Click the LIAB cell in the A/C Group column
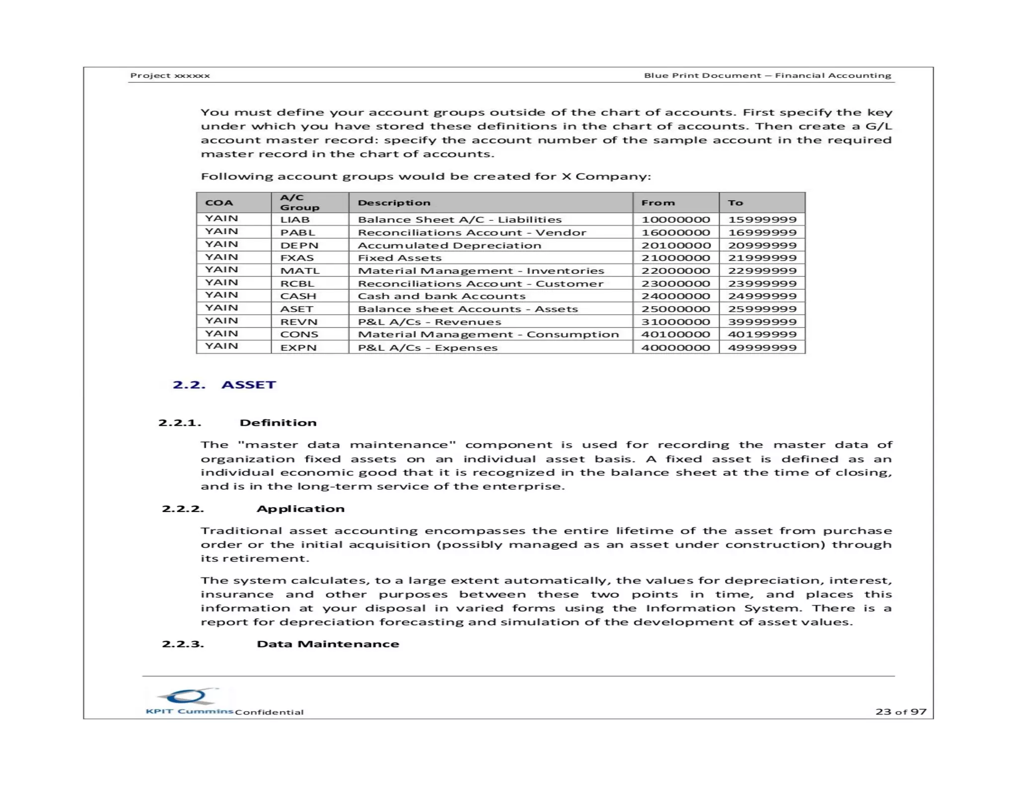[295, 219]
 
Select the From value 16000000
[675, 232]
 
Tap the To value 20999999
[762, 245]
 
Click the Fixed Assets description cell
[399, 258]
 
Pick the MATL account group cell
[299, 270]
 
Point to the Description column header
[394, 202]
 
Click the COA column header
[219, 202]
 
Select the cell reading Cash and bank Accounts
[441, 296]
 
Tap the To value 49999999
[762, 347]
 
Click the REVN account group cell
[298, 322]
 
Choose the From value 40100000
[675, 334]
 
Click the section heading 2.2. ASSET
[224, 385]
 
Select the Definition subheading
[278, 422]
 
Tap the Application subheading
[300, 509]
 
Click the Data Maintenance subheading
[328, 644]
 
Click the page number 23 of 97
[900, 712]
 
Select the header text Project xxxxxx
[170, 75]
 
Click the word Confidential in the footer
[269, 712]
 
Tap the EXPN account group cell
[298, 347]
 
